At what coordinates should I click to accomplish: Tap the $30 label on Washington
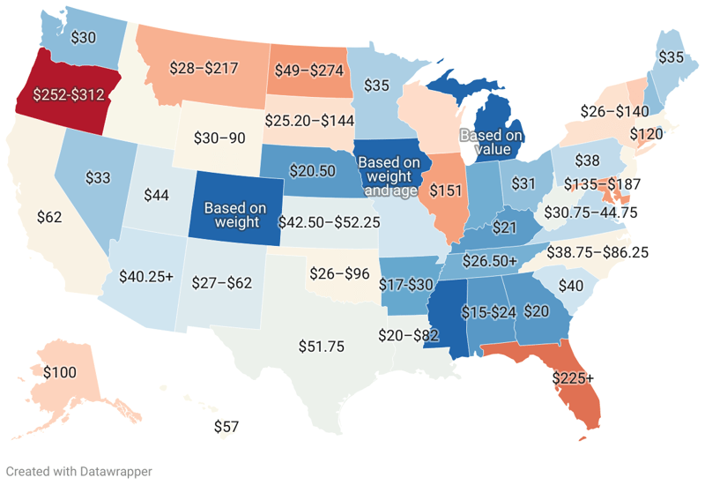click(84, 38)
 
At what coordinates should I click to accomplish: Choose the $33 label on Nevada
click(97, 177)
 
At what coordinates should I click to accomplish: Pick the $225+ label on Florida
click(573, 378)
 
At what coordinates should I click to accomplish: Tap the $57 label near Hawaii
click(227, 428)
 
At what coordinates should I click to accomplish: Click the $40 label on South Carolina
click(571, 286)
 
